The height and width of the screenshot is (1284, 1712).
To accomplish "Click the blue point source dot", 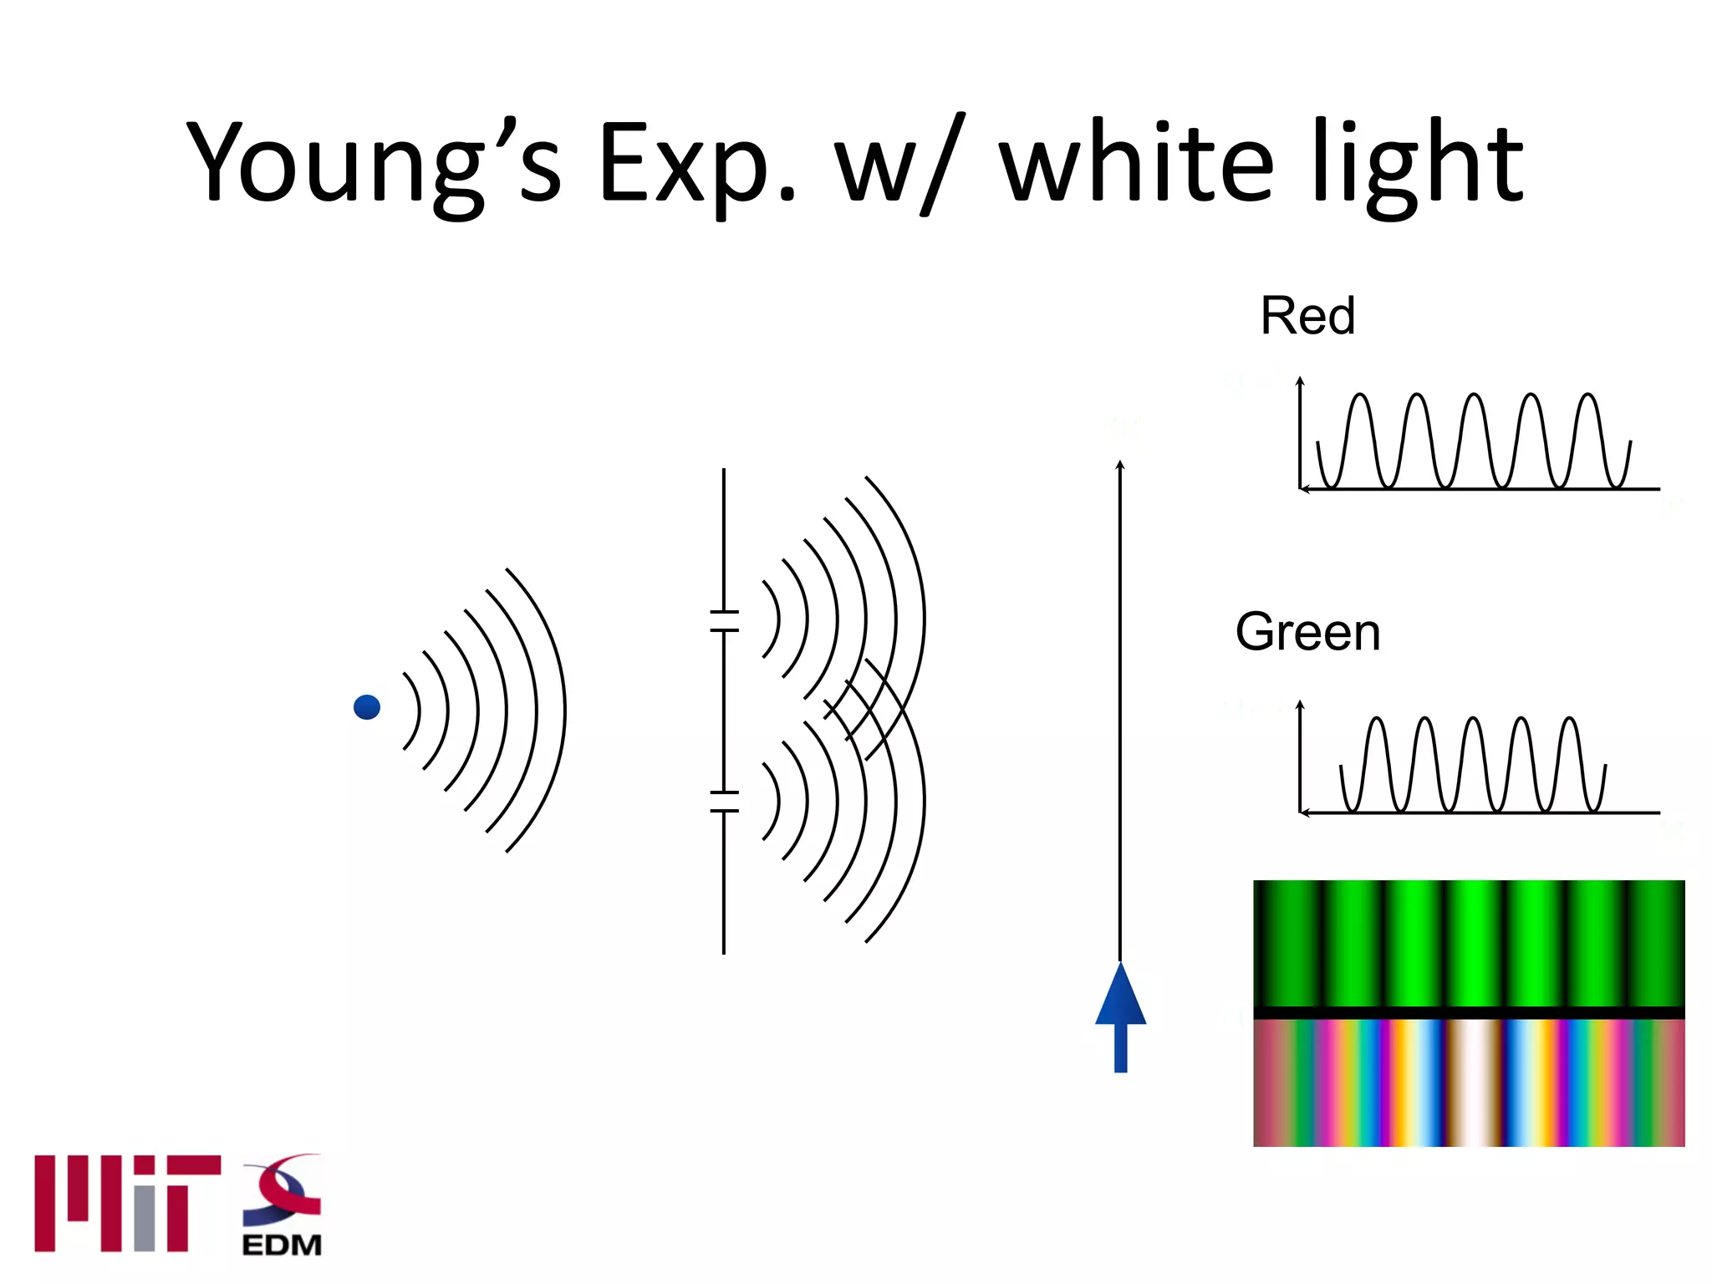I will (367, 707).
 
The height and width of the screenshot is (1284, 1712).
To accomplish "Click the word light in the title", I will (1418, 163).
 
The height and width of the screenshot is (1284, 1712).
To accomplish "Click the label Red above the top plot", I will (1307, 316).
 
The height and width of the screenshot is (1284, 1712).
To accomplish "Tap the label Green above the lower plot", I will (1307, 632).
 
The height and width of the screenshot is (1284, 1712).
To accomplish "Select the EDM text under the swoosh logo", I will (282, 1245).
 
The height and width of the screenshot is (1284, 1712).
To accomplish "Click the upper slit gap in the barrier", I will (724, 621).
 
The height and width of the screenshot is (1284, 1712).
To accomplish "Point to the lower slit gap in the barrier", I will (724, 801).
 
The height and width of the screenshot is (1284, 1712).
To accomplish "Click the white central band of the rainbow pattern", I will (1473, 1083).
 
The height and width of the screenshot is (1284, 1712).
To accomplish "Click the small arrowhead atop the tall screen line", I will (1120, 465).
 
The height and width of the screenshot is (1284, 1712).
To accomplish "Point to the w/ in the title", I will (900, 163).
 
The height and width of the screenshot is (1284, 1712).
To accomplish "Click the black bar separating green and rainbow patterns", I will (1469, 1012).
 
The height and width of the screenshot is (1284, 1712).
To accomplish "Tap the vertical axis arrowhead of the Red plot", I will (1300, 381).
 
